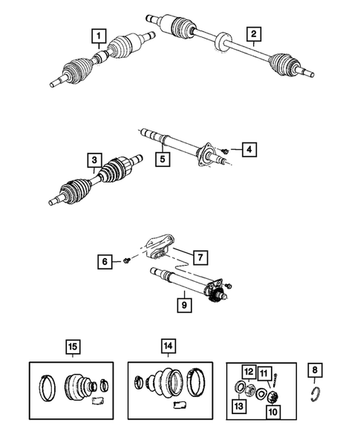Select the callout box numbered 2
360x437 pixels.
(x=254, y=33)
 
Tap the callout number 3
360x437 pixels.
(x=94, y=160)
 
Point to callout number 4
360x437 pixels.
(x=249, y=150)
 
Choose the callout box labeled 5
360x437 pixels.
(x=159, y=157)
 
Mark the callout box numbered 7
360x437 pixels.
(x=199, y=257)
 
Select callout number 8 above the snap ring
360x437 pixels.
(x=316, y=370)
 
